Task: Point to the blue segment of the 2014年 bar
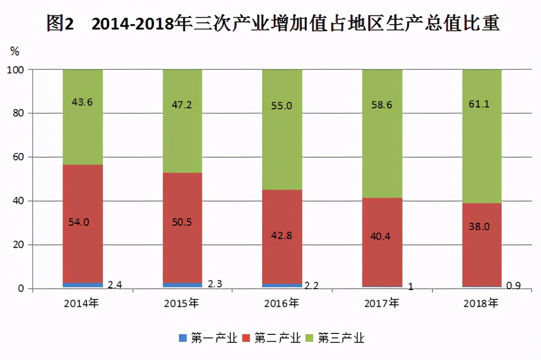point(83,285)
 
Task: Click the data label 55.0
point(282,106)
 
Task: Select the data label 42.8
point(282,235)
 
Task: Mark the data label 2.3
point(214,284)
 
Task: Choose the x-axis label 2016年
point(282,304)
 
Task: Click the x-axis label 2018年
point(481,304)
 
